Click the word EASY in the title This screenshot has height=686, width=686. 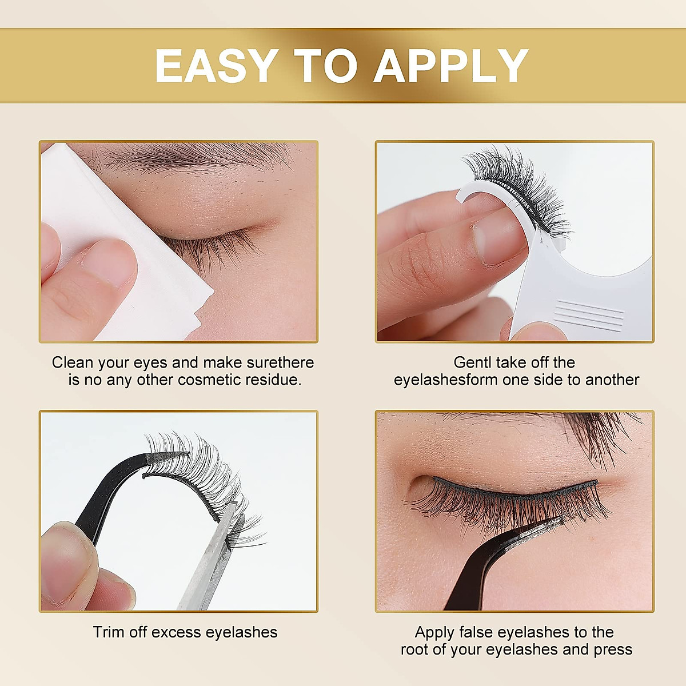pos(216,66)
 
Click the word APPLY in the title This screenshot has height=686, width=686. pos(451,66)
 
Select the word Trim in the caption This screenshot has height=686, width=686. pos(107,632)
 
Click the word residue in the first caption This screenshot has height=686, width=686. pos(273,380)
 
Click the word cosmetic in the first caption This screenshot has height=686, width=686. pos(210,380)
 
